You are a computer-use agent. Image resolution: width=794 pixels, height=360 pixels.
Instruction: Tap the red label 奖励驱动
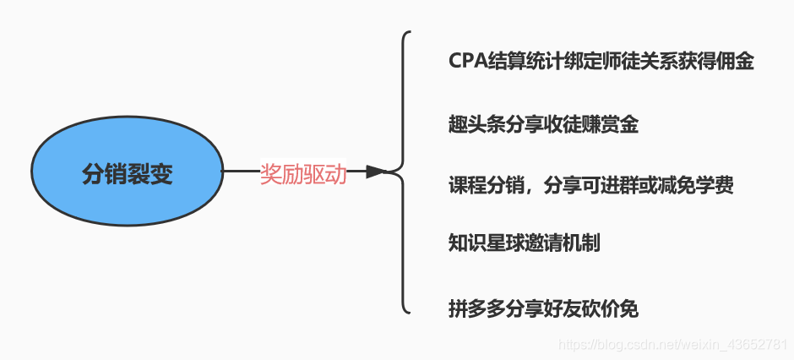303,174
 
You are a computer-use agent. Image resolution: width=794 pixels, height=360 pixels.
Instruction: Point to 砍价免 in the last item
610,308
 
